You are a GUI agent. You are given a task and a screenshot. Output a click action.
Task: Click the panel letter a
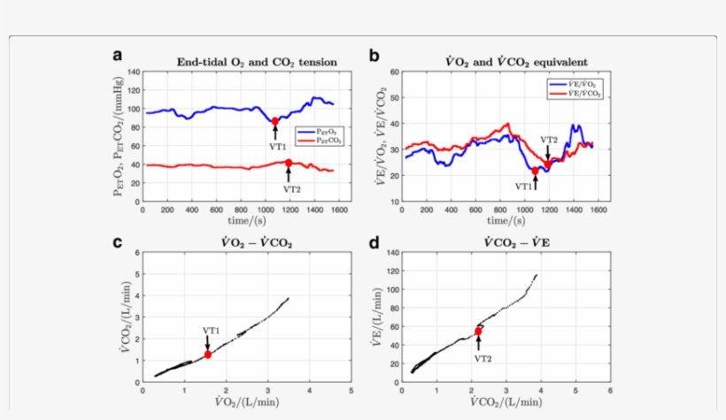pyautogui.click(x=117, y=56)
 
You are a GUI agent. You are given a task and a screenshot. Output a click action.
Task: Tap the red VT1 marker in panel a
pyautogui.click(x=274, y=121)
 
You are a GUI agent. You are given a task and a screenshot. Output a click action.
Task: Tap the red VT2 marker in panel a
pyautogui.click(x=289, y=163)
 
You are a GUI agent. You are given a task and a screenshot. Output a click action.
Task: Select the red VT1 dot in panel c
pyautogui.click(x=208, y=355)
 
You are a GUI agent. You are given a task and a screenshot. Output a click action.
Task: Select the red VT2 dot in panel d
pyautogui.click(x=479, y=332)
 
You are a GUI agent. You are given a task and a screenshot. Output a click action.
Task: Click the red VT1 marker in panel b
pyautogui.click(x=535, y=171)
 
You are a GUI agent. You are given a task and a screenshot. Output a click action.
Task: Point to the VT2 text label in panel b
pyautogui.click(x=549, y=140)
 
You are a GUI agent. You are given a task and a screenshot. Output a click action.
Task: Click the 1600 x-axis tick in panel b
pyautogui.click(x=599, y=210)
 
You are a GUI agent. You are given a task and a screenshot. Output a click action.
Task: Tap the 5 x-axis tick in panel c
pyautogui.click(x=351, y=390)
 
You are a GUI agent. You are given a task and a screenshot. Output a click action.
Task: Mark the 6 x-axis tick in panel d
pyautogui.click(x=610, y=390)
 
